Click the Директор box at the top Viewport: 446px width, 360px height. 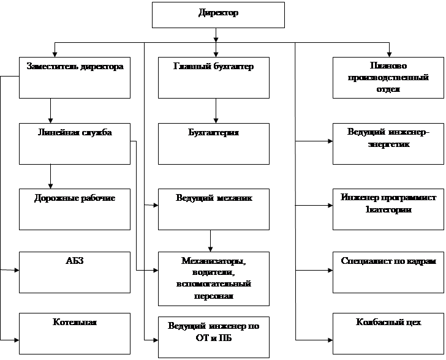[x=218, y=15]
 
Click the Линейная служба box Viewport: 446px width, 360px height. [x=75, y=143]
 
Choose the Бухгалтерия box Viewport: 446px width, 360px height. [x=213, y=143]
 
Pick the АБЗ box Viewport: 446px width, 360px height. [x=75, y=271]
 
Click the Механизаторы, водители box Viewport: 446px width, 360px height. [x=213, y=278]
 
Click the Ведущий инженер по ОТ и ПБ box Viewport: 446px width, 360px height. [x=213, y=337]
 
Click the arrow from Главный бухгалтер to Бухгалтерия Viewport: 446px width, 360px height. [x=215, y=110]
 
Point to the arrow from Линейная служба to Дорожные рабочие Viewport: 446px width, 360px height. [x=50, y=176]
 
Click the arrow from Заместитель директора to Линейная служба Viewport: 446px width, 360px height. [x=50, y=110]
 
